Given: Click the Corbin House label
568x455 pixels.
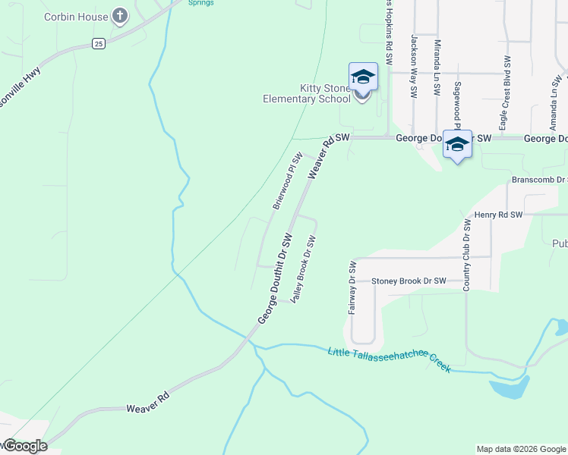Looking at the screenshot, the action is point(75,16).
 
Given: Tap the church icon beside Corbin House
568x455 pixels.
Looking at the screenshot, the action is point(120,16).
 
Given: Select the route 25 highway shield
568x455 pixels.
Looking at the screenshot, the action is point(98,44).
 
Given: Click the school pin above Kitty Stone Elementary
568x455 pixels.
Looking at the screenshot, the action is point(363,77).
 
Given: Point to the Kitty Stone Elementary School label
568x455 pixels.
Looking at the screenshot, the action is point(306,93).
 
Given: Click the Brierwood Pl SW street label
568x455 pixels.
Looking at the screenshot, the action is point(288,180).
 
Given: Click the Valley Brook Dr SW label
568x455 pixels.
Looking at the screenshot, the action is point(302,269).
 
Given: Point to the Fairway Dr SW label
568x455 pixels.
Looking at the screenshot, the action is point(352,288).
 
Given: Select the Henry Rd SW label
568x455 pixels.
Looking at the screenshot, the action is point(498,215).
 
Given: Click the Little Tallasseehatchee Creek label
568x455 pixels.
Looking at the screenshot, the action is point(390,359).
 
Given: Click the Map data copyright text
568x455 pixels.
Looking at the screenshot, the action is point(521,449).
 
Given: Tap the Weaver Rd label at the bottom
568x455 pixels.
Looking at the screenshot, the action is point(147,408).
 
